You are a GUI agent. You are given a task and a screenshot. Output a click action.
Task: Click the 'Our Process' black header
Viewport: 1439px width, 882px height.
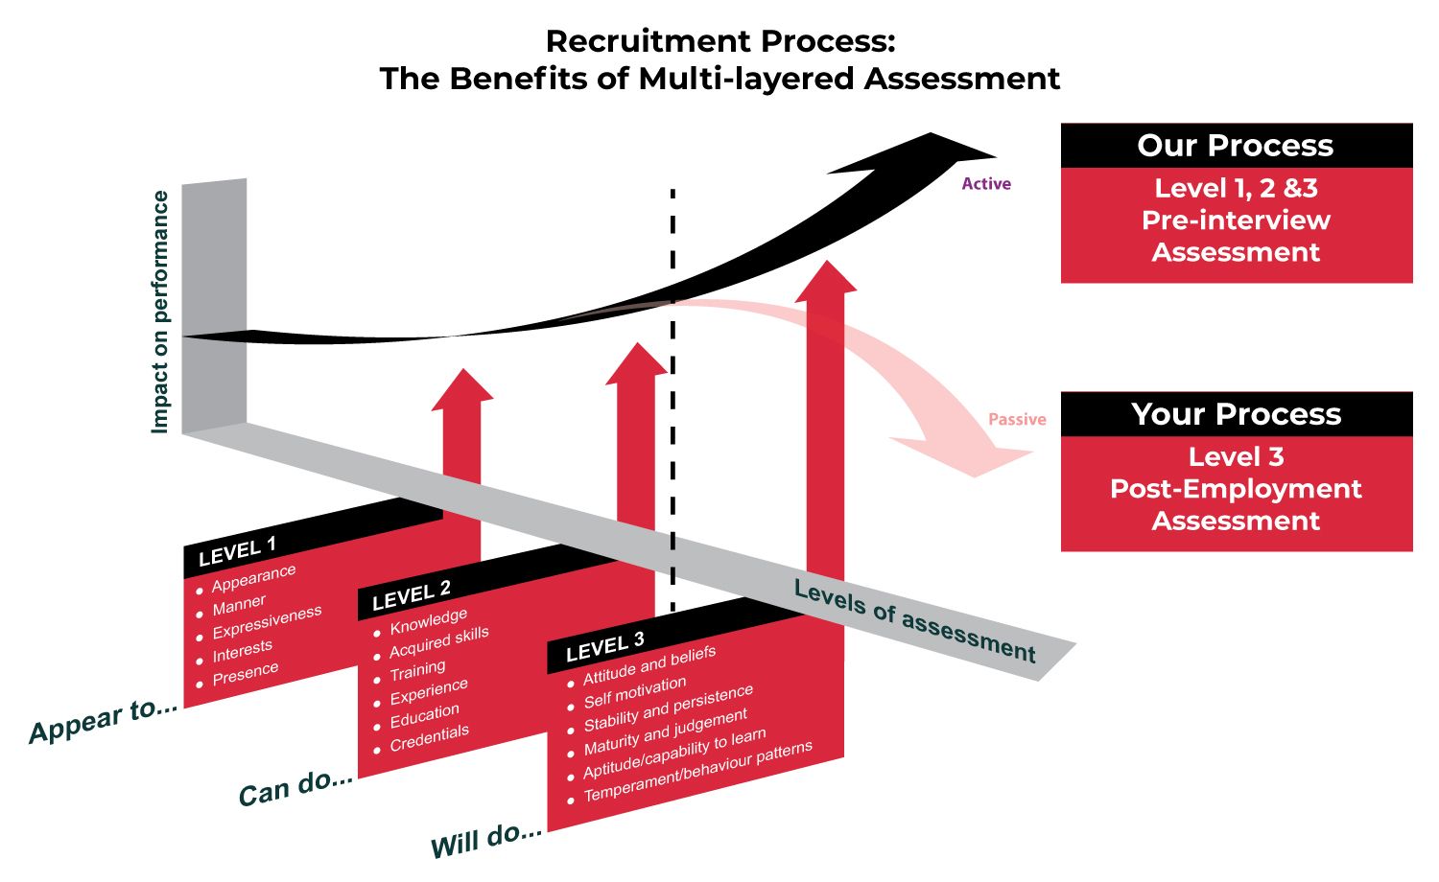(1236, 146)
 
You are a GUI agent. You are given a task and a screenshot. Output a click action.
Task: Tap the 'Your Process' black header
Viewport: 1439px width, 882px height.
(1236, 414)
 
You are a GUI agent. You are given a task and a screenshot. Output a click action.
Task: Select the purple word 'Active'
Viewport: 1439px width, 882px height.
(986, 184)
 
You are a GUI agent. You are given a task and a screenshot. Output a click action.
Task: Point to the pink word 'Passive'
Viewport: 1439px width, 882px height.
(1017, 420)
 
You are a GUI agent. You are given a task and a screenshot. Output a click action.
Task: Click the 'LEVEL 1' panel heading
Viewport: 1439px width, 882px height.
(237, 551)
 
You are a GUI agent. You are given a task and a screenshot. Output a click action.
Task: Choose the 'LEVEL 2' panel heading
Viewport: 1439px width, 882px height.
(411, 595)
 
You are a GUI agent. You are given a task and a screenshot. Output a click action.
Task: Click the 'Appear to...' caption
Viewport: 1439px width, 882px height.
(104, 720)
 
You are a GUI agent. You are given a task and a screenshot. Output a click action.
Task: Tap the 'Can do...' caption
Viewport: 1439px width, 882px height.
(295, 787)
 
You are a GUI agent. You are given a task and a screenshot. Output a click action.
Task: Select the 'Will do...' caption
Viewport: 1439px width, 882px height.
(486, 840)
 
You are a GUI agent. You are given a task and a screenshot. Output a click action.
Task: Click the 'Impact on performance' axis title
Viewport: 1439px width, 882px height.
(160, 312)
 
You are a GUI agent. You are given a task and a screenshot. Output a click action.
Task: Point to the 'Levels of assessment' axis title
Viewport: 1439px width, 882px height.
(915, 622)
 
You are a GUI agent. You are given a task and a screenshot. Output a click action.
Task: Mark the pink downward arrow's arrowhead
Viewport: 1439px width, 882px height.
(969, 456)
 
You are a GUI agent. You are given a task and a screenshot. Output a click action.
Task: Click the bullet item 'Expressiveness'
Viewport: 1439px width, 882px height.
(267, 621)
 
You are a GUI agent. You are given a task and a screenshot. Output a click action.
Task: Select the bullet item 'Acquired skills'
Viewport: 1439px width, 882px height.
(438, 642)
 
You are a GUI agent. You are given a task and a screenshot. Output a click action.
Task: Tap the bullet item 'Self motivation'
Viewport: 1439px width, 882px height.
(634, 692)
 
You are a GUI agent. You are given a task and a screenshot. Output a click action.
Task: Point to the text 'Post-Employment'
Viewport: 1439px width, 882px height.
(1236, 489)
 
